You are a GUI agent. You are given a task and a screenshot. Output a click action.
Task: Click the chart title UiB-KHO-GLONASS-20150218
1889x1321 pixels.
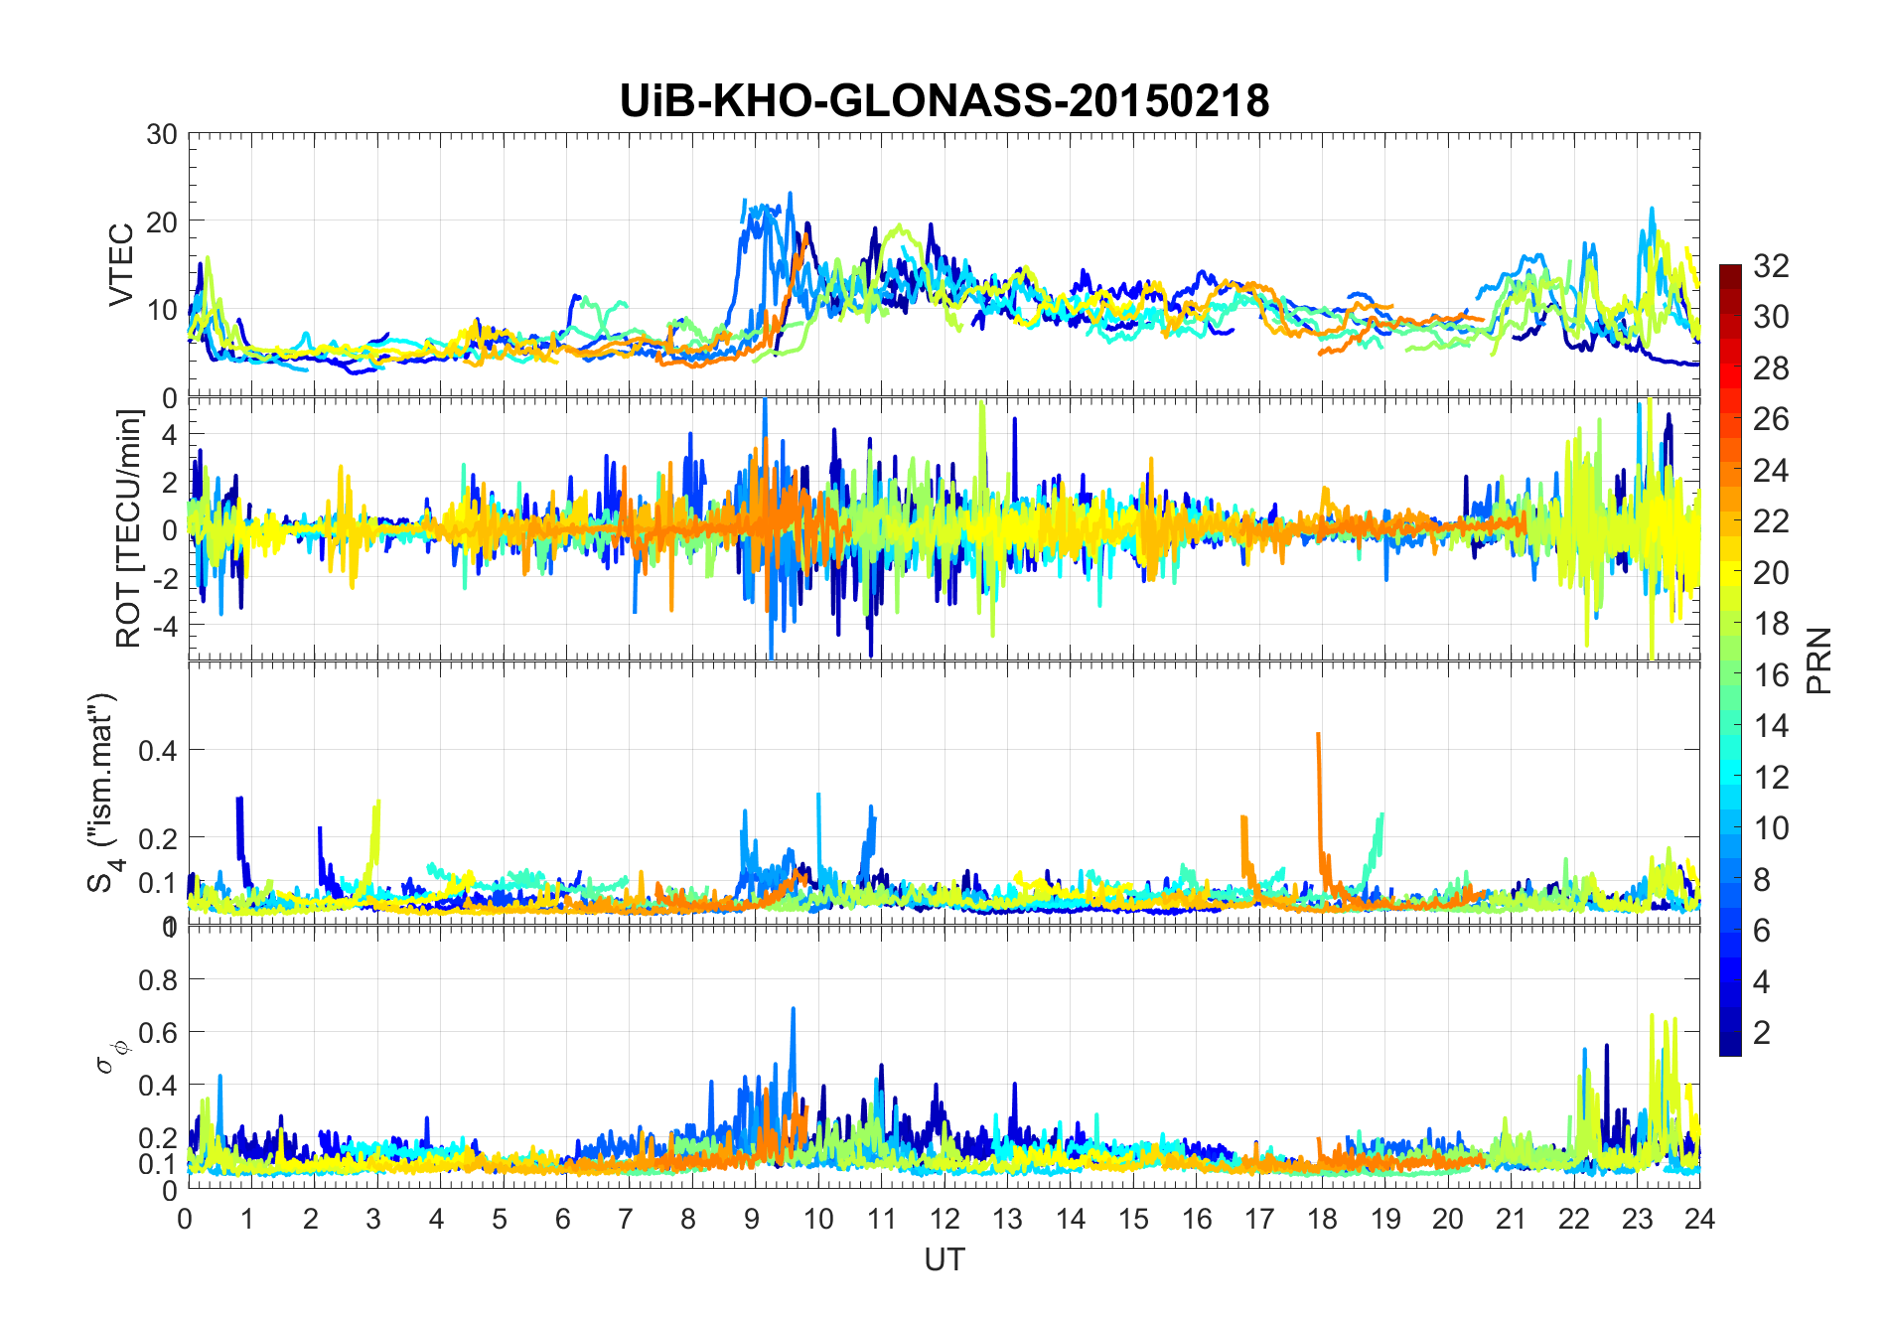pyautogui.click(x=944, y=101)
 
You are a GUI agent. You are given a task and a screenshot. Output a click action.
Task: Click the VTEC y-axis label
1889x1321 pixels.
pyautogui.click(x=121, y=265)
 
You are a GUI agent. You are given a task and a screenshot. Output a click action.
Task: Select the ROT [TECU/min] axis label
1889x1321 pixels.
pyautogui.click(x=129, y=528)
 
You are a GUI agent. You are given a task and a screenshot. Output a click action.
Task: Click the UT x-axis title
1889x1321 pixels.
pyautogui.click(x=944, y=1259)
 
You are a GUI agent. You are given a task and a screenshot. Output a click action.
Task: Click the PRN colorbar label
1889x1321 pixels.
pyautogui.click(x=1818, y=660)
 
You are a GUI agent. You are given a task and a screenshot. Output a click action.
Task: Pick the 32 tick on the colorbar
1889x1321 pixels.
pyautogui.click(x=1771, y=265)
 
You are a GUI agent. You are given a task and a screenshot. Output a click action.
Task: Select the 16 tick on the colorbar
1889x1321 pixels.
pyautogui.click(x=1771, y=675)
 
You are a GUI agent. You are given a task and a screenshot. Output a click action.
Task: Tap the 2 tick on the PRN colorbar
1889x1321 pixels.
pyautogui.click(x=1762, y=1033)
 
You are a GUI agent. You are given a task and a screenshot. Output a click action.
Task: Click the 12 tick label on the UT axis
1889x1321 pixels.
pyautogui.click(x=944, y=1219)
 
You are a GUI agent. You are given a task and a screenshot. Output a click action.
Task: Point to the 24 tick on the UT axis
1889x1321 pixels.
pyautogui.click(x=1699, y=1219)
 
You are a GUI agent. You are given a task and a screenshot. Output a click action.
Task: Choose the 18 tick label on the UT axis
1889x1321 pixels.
pyautogui.click(x=1322, y=1219)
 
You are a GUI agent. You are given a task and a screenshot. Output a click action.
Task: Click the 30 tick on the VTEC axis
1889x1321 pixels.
pyautogui.click(x=161, y=134)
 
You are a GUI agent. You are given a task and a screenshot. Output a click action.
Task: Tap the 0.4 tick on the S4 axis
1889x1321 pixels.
pyautogui.click(x=157, y=750)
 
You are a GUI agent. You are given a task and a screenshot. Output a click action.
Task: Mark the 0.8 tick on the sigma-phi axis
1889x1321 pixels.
pyautogui.click(x=157, y=980)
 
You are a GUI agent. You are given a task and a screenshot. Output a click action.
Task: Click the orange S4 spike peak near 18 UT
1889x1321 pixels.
pyautogui.click(x=1318, y=735)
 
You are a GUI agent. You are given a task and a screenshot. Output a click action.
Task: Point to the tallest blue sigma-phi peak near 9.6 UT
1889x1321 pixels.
pyautogui.click(x=793, y=1010)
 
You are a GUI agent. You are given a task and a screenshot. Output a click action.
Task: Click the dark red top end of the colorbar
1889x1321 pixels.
pyautogui.click(x=1730, y=269)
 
